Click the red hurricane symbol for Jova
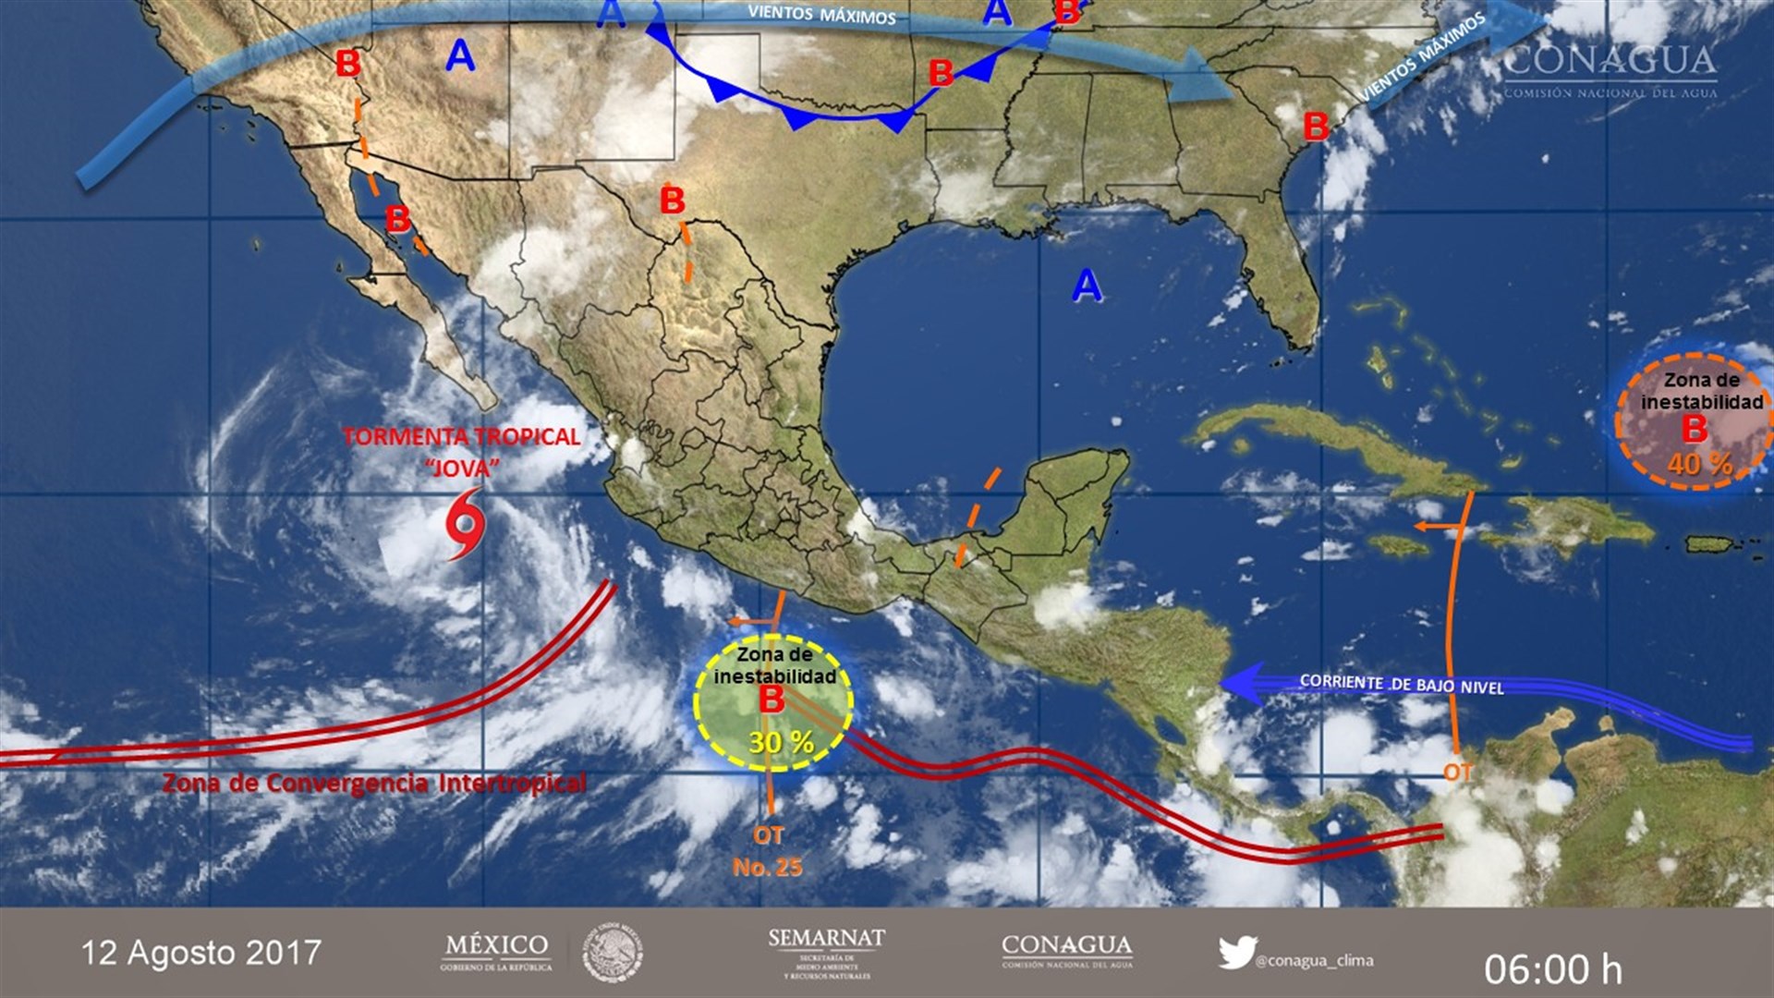[x=465, y=524]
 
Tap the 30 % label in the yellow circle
[x=781, y=742]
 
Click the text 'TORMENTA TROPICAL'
[x=461, y=437]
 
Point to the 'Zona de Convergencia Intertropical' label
[x=374, y=784]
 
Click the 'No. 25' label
[x=767, y=867]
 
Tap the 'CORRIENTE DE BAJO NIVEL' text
[x=1401, y=684]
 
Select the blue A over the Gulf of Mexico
[x=1087, y=286]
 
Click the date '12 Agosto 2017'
[x=200, y=953]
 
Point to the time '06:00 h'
[x=1552, y=969]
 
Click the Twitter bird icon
[x=1236, y=953]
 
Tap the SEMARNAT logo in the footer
[x=826, y=953]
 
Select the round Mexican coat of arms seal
[x=612, y=953]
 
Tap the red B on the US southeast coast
[x=1315, y=126]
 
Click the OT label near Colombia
[x=1458, y=772]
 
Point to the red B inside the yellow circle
[x=772, y=700]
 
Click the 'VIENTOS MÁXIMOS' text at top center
[x=821, y=15]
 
